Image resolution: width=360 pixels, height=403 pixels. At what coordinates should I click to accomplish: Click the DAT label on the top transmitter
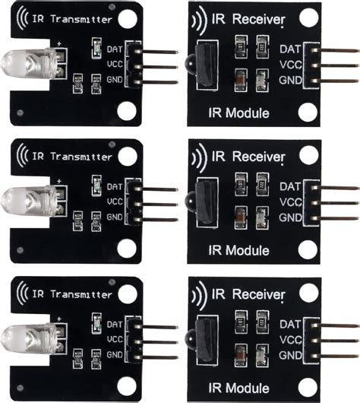[115, 49]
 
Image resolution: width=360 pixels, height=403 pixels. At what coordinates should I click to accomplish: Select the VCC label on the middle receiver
[291, 202]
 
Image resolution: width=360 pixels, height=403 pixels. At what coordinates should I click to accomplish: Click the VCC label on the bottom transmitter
[115, 338]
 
